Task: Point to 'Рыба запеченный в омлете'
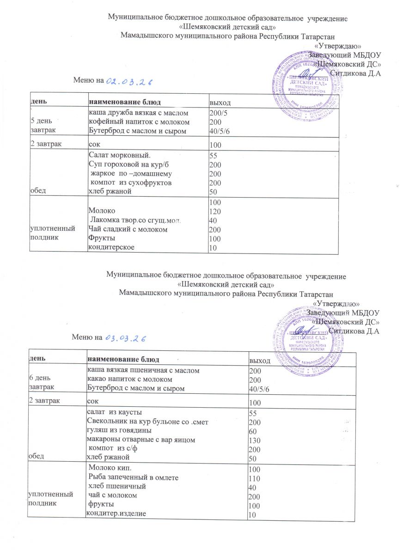[133, 476]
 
